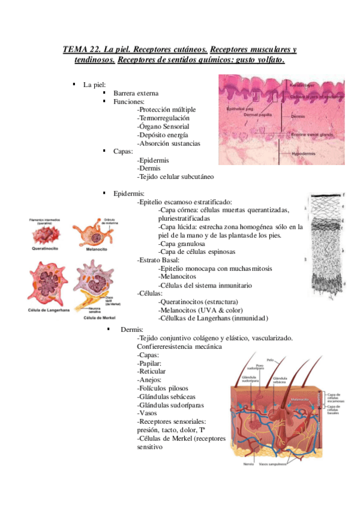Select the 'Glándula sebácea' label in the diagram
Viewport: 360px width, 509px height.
click(x=280, y=380)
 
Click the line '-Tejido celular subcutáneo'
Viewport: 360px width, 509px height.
click(x=175, y=177)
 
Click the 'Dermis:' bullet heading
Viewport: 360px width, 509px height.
click(x=132, y=330)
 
